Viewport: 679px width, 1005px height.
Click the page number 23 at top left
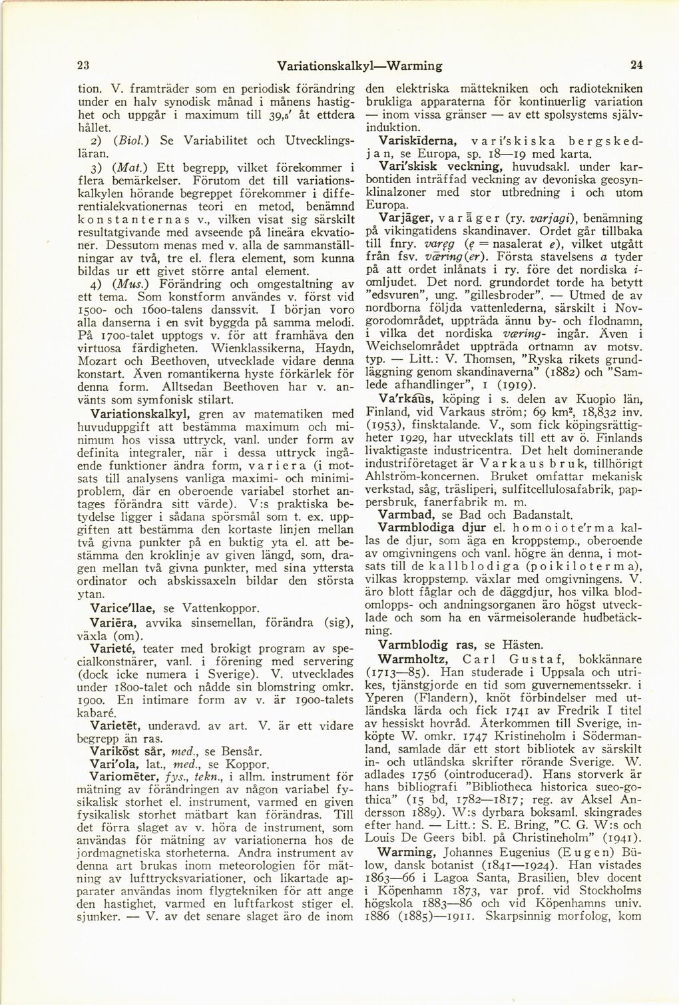coord(84,65)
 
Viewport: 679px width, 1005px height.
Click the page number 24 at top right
coord(636,65)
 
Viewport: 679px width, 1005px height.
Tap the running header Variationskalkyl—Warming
coord(360,66)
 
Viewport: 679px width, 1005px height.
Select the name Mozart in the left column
coord(98,360)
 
